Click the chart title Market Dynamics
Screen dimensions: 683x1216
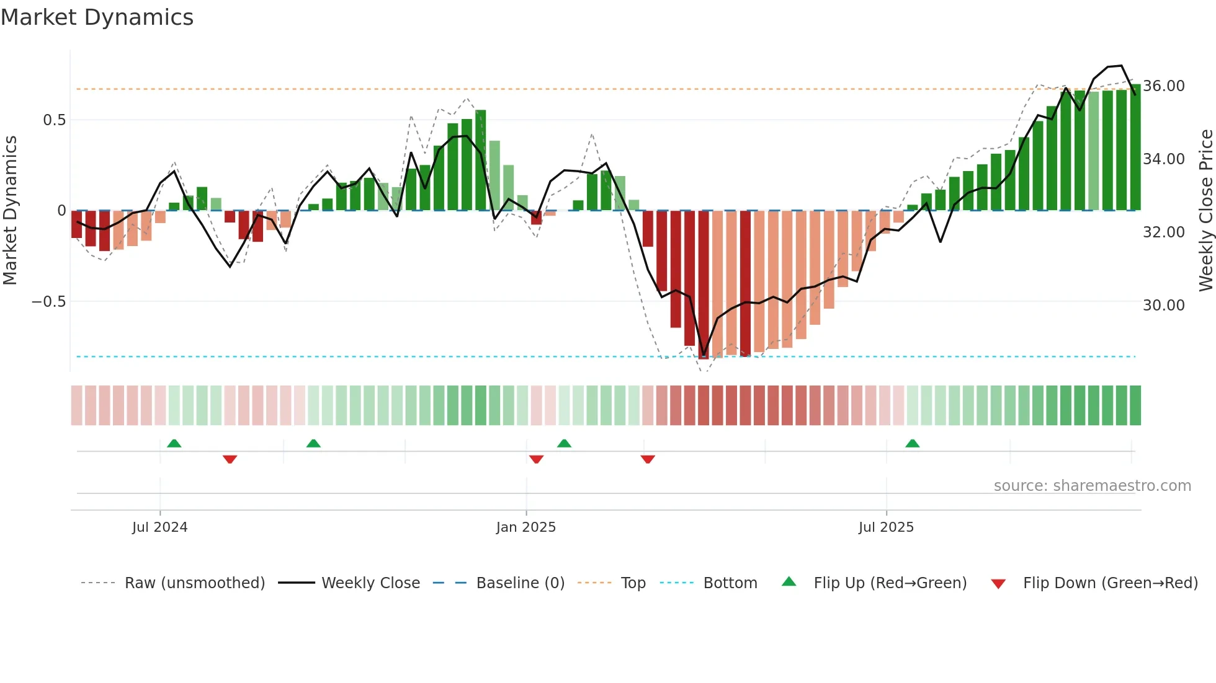coord(97,17)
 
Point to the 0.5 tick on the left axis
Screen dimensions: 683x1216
coord(55,120)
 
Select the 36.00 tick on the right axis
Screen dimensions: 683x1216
coord(1164,86)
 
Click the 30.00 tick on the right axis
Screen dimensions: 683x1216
coord(1164,305)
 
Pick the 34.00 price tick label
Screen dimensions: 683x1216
coord(1164,159)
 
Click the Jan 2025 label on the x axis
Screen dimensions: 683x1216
coord(526,527)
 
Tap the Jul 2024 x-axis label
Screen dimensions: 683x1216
coord(159,527)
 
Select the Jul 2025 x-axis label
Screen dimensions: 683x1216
coord(886,527)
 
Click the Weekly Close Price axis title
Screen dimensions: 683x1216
coord(1205,211)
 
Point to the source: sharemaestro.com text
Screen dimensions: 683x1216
coord(1092,486)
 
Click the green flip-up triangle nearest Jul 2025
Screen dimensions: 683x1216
coord(912,444)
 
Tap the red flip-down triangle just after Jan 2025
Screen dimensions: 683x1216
coord(537,459)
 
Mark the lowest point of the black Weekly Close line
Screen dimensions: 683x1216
coord(704,356)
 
